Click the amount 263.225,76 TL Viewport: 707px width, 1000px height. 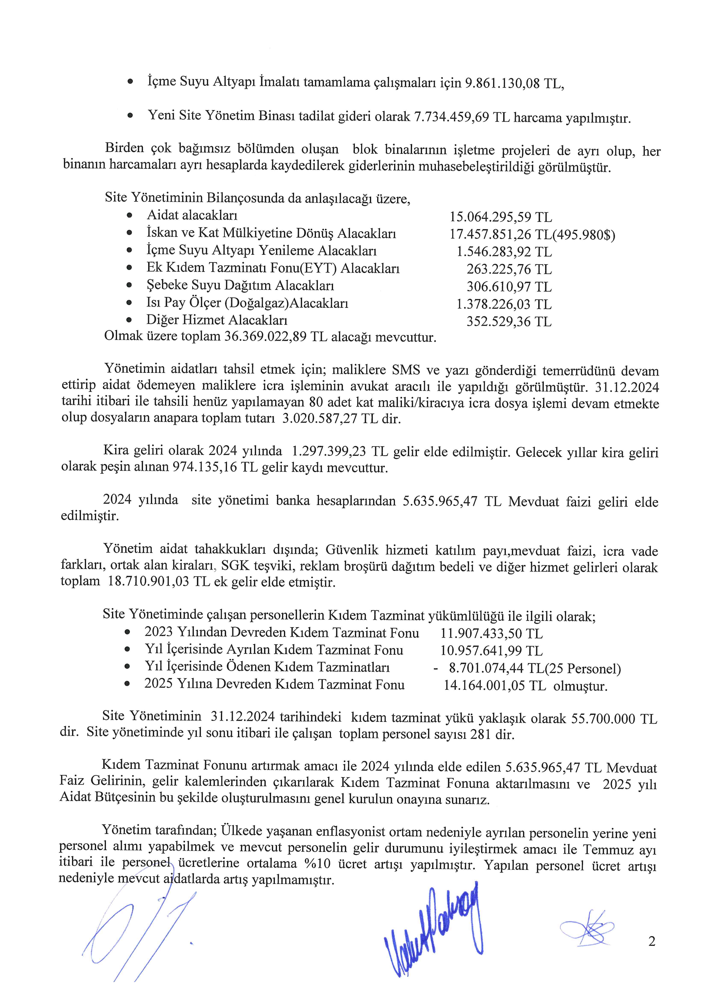click(x=509, y=269)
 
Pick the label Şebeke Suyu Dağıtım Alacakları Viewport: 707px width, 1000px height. click(x=240, y=286)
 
